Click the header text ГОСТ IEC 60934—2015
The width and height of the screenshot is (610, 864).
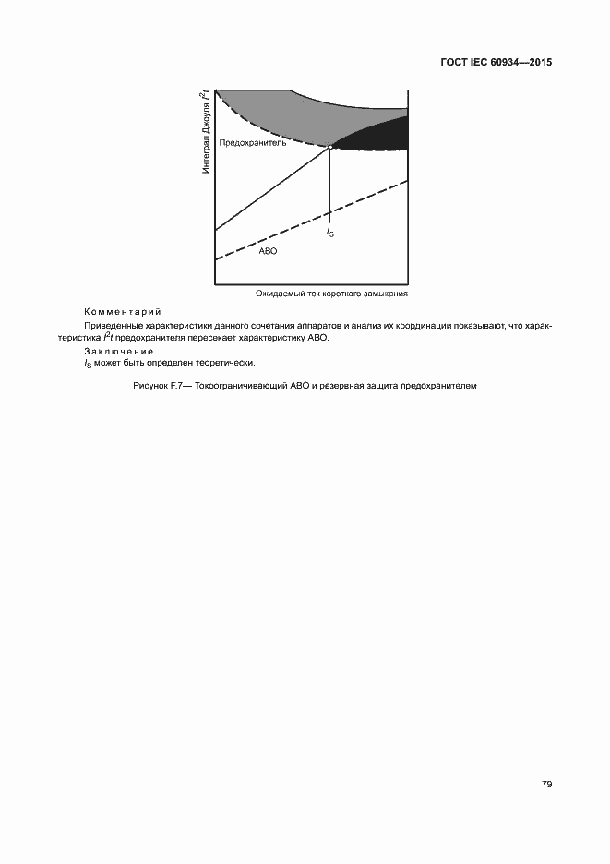pos(496,64)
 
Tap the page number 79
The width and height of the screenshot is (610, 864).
pos(547,784)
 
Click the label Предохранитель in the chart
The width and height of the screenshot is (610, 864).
pos(253,143)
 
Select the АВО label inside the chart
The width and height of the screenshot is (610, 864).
pos(268,251)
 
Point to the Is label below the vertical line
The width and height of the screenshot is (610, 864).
pos(330,234)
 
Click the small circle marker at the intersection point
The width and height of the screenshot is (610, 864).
pos(330,147)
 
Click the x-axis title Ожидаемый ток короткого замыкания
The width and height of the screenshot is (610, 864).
pos(332,294)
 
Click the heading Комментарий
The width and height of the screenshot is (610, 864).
pos(123,312)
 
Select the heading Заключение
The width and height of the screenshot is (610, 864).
pos(119,352)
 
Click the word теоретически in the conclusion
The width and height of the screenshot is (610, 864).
pos(228,364)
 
